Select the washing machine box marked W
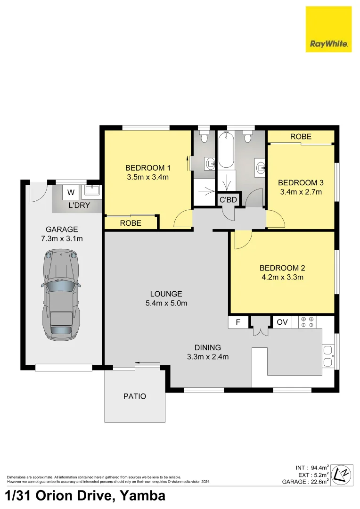coord(71,192)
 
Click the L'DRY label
coord(80,205)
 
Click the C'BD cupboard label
coord(228,200)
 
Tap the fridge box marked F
coord(238,322)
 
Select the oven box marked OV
coord(282,322)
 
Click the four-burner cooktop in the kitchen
coord(307,322)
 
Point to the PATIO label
coord(134,396)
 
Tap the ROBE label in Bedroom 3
coord(301,137)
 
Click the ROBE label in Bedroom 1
coord(131,223)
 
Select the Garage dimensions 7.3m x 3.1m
coord(61,238)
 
